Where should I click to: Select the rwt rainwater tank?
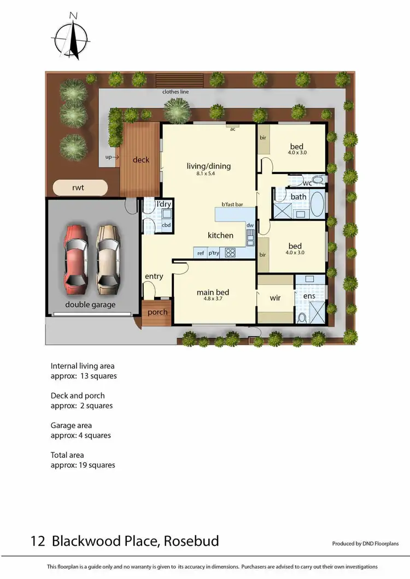(x=79, y=188)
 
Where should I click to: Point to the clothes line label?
(x=175, y=92)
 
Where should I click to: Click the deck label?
(x=141, y=160)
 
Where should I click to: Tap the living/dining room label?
(x=209, y=166)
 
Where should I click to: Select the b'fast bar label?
(x=232, y=205)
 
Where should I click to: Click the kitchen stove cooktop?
(x=230, y=253)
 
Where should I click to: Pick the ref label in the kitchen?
(x=201, y=253)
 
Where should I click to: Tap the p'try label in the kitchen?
(x=214, y=253)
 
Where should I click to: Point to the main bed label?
(x=213, y=293)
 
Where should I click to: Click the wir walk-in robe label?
(x=276, y=299)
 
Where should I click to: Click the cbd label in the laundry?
(x=166, y=225)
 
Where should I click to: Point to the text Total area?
(x=67, y=455)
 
